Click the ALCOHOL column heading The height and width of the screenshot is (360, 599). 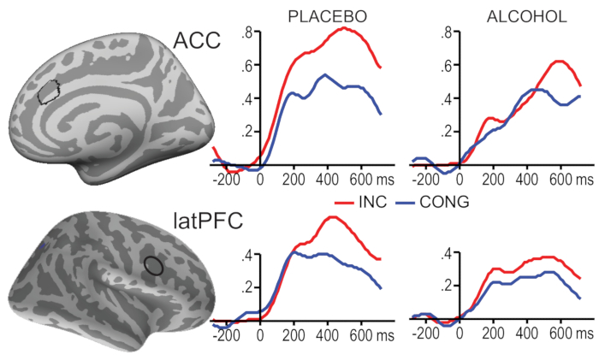(512, 15)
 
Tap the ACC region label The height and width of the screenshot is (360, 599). (196, 40)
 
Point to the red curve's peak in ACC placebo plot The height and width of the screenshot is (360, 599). (343, 28)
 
